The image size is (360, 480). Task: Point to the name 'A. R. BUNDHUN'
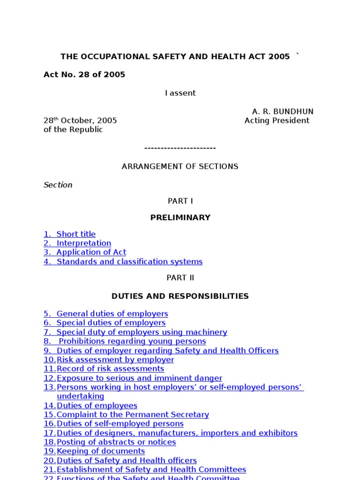click(x=283, y=112)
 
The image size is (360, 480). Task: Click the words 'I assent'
click(x=180, y=93)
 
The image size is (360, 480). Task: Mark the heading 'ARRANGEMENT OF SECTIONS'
click(x=180, y=166)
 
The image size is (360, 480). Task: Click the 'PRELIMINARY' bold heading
click(x=180, y=217)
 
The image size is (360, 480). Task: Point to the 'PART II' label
click(x=180, y=277)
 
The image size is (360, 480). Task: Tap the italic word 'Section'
click(x=58, y=185)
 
